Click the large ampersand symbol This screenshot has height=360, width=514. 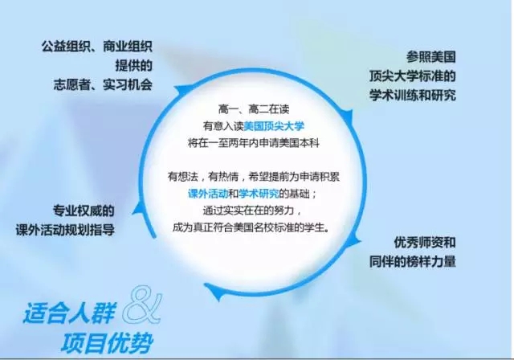[x=143, y=304]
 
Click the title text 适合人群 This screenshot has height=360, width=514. [x=69, y=313]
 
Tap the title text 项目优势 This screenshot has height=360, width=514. [x=107, y=342]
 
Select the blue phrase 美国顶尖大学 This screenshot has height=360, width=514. [x=274, y=126]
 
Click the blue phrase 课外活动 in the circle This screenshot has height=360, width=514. [x=208, y=194]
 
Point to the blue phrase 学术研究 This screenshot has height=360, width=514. [x=259, y=194]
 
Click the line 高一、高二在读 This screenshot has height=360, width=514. [x=254, y=108]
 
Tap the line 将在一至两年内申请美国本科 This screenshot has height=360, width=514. [x=254, y=143]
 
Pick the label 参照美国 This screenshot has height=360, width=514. [x=431, y=57]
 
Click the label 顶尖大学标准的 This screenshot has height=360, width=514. [x=412, y=76]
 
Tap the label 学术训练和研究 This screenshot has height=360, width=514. [x=412, y=96]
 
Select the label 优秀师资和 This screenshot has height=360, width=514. [x=425, y=243]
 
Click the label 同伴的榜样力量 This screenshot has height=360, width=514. [x=412, y=262]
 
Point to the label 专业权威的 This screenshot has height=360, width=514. [x=84, y=211]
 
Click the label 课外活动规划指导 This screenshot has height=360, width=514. [x=65, y=230]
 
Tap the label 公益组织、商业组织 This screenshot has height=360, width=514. [x=96, y=47]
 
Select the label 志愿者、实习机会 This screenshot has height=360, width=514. [x=103, y=85]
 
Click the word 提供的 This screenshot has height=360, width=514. [x=134, y=66]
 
